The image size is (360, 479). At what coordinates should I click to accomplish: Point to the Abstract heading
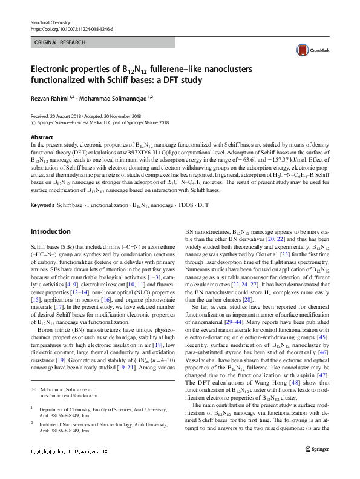pyautogui.click(x=42, y=138)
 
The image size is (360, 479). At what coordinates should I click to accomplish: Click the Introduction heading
pyautogui.click(x=50, y=231)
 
